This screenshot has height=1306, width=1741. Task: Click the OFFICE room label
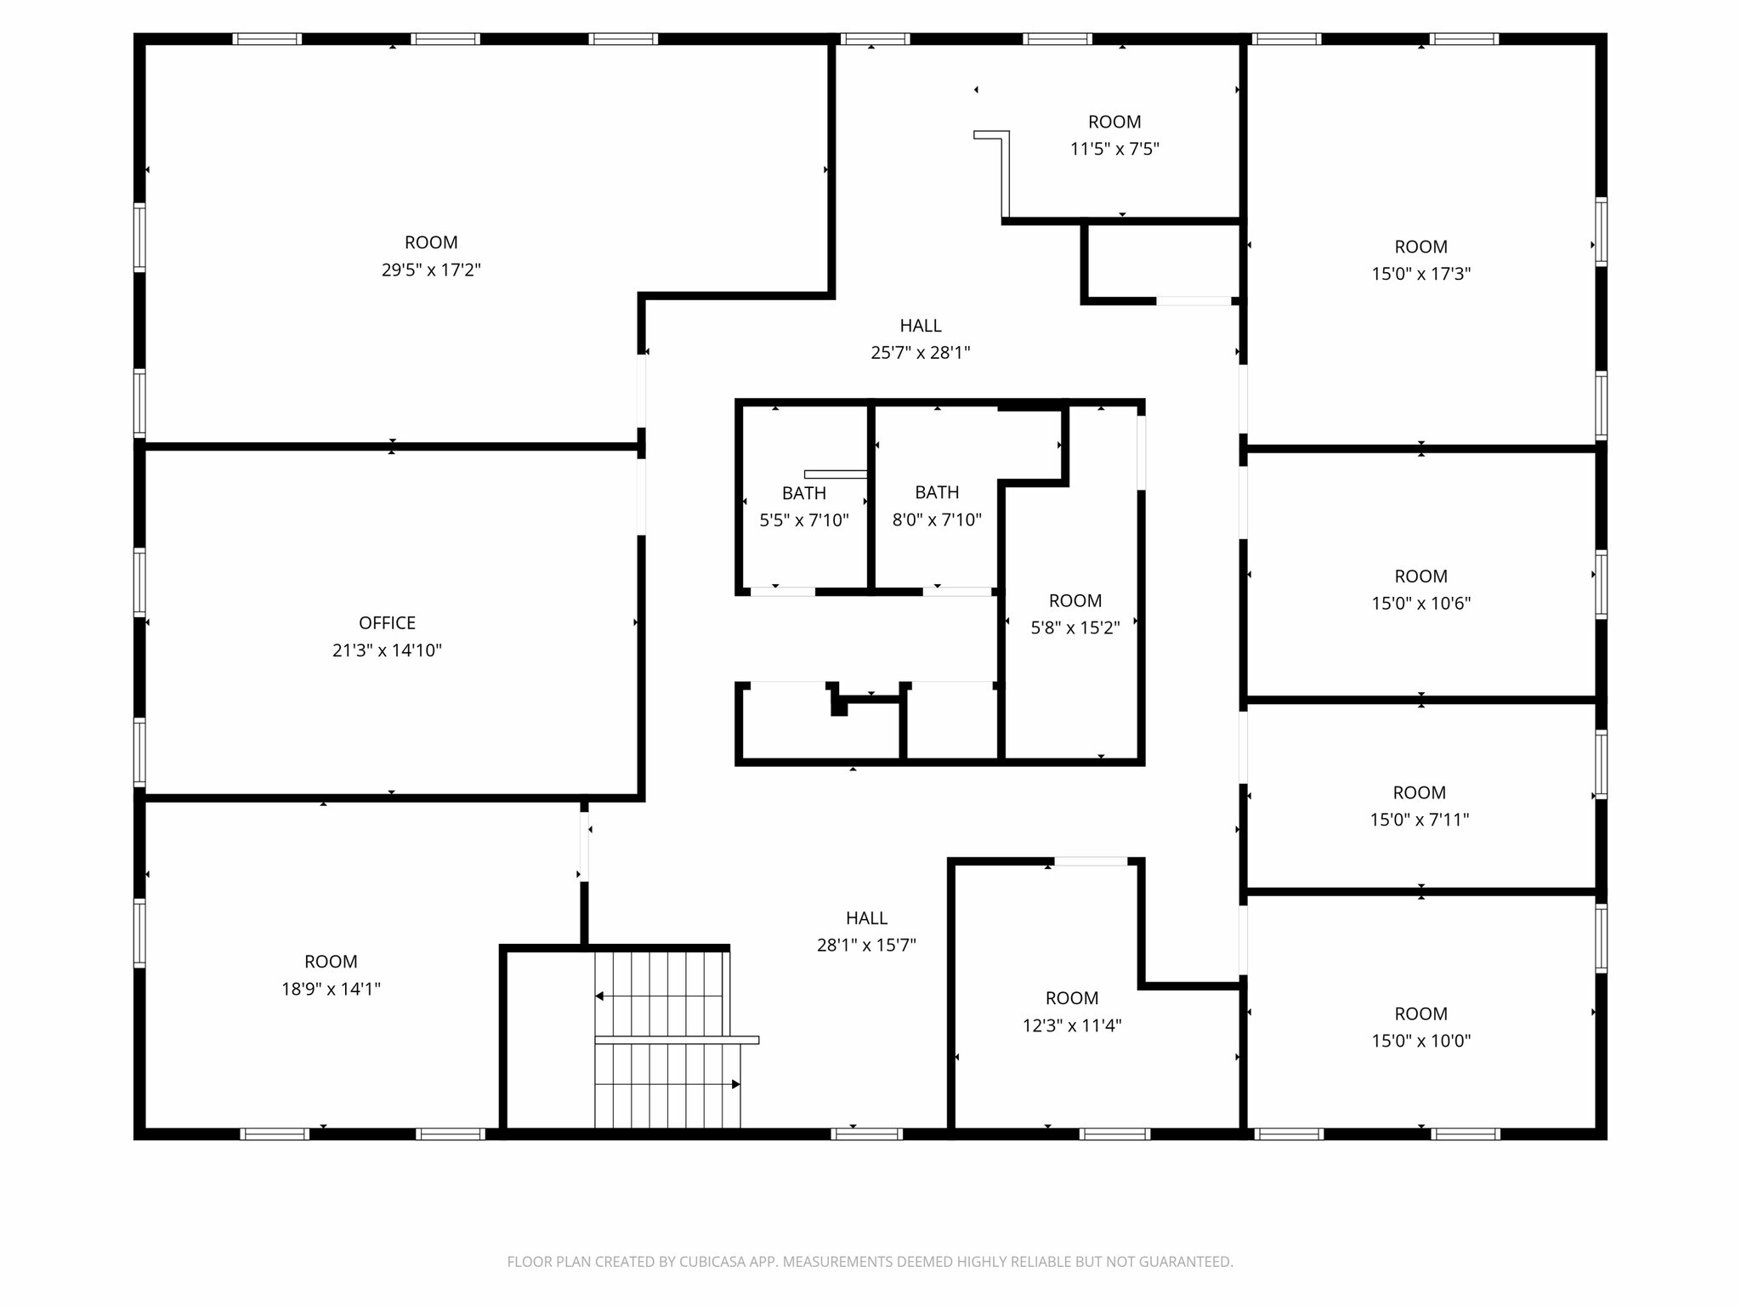387,623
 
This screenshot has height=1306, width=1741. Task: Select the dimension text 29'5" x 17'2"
431,270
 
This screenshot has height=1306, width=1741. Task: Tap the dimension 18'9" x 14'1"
331,989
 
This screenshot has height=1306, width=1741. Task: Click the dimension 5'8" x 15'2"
1075,628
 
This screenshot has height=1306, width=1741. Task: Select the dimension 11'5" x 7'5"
1114,150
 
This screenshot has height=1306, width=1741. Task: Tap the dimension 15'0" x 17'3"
1421,274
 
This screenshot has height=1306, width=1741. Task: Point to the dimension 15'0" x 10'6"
1421,604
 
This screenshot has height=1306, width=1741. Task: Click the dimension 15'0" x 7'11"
1419,820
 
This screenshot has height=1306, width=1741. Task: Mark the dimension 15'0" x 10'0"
1421,1041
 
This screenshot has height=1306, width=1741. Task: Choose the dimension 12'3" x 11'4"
1072,1025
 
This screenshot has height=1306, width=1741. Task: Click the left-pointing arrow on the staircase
599,996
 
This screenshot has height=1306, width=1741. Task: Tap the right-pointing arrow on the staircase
735,1084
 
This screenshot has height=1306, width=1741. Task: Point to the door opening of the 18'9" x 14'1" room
584,847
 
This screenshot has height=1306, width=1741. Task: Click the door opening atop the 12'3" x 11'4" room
1091,861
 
